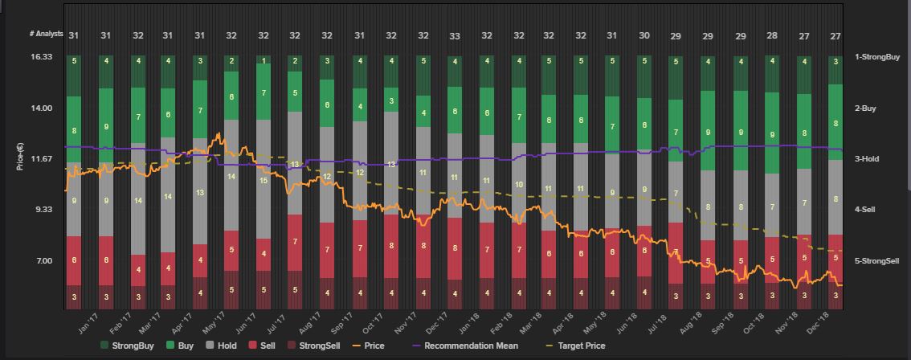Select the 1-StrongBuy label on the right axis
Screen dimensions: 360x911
tap(876, 57)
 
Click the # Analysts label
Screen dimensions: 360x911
tap(46, 34)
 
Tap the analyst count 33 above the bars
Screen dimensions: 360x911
tap(455, 36)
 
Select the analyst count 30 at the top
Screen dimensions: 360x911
tap(644, 36)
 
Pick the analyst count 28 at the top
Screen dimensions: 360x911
tap(771, 36)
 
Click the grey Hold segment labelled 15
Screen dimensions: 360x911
tap(263, 181)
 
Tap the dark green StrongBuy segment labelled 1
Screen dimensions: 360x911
tap(263, 61)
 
